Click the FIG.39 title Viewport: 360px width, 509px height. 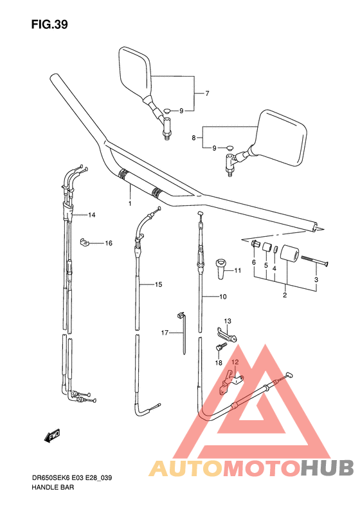tap(50, 24)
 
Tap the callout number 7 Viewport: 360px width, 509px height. tap(207, 93)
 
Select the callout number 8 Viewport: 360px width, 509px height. tap(194, 138)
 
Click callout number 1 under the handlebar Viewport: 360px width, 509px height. tap(130, 203)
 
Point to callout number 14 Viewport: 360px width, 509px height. tap(92, 214)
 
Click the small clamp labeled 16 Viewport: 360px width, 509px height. tap(84, 242)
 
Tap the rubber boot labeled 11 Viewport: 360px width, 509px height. tap(222, 268)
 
